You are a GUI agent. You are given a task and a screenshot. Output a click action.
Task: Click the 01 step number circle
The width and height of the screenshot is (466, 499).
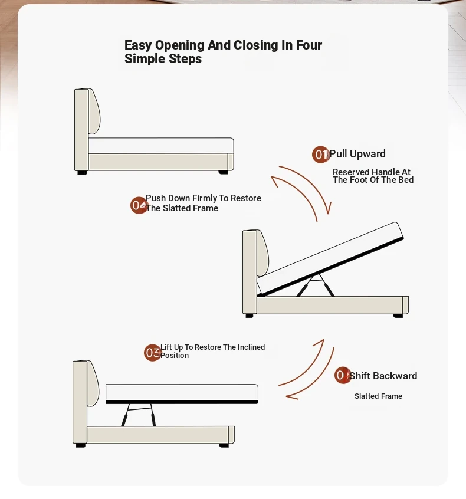[320, 155]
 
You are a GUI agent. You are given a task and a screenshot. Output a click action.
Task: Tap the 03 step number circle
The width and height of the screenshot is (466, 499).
[152, 353]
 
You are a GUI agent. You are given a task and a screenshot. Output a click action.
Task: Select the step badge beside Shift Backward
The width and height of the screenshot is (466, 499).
[343, 375]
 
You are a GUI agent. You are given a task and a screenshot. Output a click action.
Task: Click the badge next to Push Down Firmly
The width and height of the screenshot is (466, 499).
[139, 205]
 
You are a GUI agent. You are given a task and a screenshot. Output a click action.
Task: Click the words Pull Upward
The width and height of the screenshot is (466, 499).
[357, 154]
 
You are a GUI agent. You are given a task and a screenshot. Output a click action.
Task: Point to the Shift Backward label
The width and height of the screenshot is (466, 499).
[383, 376]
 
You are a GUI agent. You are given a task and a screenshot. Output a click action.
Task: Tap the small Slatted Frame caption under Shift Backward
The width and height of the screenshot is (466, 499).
[378, 396]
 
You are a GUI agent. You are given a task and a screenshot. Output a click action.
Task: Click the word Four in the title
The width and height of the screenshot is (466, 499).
[309, 45]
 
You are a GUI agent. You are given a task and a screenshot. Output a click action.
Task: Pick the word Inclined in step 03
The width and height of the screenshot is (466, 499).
[251, 347]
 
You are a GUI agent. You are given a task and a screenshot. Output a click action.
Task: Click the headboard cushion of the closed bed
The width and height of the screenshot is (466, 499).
[94, 111]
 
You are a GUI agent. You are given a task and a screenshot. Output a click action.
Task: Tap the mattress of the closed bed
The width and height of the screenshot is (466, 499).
[161, 146]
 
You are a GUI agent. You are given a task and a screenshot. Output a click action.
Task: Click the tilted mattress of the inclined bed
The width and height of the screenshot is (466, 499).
[330, 258]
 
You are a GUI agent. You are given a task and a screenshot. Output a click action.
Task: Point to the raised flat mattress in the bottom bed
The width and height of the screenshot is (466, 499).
[182, 393]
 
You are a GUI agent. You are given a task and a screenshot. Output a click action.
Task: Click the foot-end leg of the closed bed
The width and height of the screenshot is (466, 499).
[223, 172]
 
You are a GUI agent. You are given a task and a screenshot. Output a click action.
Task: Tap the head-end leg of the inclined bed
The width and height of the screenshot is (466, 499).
[250, 316]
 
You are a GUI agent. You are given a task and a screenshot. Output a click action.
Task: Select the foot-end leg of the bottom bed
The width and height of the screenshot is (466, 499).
[224, 445]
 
